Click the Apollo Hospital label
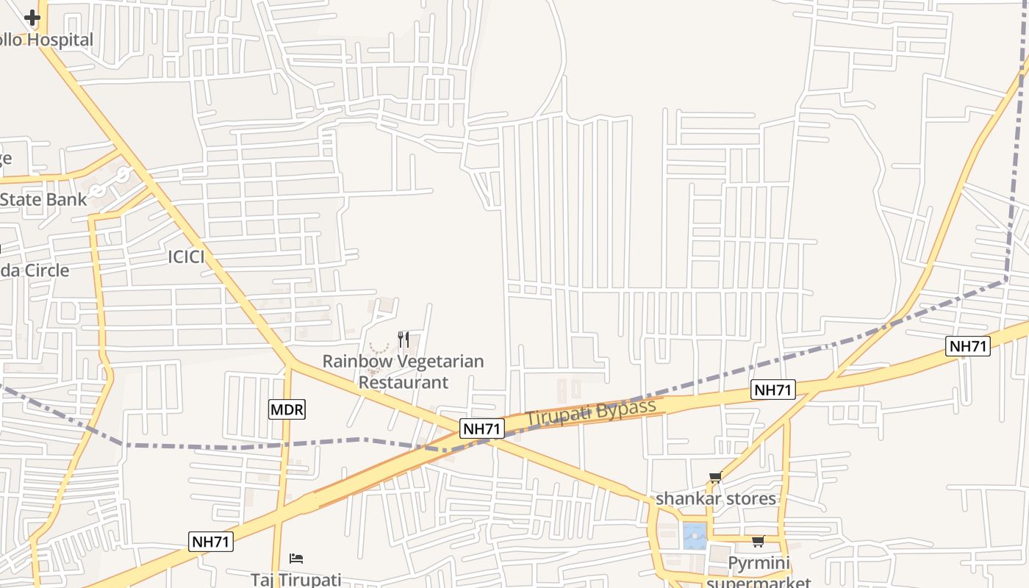[x=47, y=40]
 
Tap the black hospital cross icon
[x=32, y=18]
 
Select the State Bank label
[x=43, y=199]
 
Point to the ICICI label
[x=187, y=257]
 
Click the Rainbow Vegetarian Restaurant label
[x=403, y=371]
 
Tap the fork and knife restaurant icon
[x=403, y=339]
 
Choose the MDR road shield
[x=287, y=409]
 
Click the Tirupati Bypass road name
[x=591, y=412]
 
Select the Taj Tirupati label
[x=296, y=579]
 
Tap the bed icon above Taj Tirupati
[x=296, y=559]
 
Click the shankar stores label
[x=716, y=498]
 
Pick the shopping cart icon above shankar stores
[x=715, y=478]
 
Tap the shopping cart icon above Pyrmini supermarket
[x=758, y=542]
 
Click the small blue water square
[x=695, y=536]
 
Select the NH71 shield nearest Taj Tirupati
[x=211, y=542]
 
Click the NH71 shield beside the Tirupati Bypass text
[x=482, y=429]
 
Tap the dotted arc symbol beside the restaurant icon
[x=379, y=348]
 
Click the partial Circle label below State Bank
[x=35, y=270]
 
